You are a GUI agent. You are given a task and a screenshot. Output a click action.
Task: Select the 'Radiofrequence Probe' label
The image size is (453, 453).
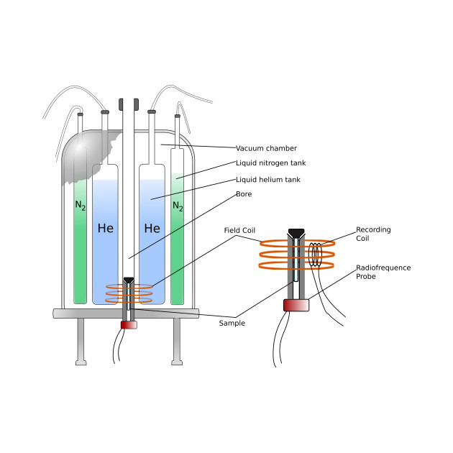(383, 272)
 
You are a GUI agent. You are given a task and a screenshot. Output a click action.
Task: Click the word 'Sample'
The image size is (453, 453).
(232, 323)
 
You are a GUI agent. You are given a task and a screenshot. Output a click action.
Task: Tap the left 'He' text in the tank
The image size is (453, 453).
(106, 229)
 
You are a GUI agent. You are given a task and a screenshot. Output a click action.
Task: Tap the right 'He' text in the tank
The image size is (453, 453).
(152, 229)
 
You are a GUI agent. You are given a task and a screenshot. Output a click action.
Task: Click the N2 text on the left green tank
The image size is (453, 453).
(80, 206)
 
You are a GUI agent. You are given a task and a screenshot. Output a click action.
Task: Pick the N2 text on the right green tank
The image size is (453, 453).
(178, 206)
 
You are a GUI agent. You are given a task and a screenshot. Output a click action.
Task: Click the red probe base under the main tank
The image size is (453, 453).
(129, 324)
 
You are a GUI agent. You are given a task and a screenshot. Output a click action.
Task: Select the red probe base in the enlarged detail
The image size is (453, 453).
(296, 305)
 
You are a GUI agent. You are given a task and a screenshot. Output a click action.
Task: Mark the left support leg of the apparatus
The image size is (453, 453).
(81, 341)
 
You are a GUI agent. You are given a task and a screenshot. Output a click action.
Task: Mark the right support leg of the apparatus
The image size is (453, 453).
(177, 341)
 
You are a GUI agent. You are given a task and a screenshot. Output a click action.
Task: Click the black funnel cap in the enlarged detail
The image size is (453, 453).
(296, 233)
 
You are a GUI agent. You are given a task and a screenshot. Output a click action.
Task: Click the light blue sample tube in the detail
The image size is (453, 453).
(296, 273)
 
